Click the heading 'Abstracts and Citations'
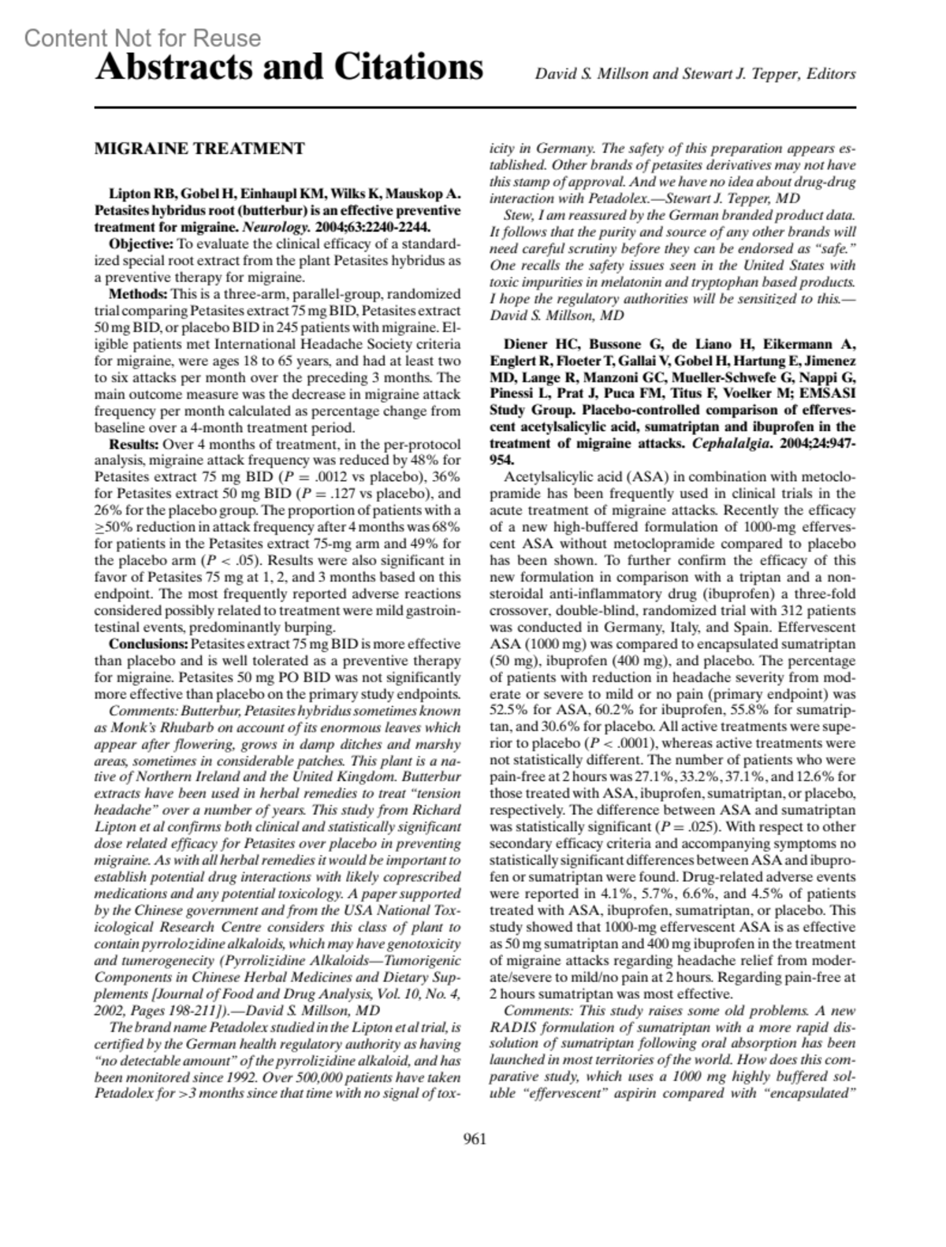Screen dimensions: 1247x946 289,68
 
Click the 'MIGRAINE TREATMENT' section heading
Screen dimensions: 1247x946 199,148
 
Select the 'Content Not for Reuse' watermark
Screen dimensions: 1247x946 143,38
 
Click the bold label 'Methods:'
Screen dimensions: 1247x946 138,294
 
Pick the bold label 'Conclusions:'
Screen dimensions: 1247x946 149,645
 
